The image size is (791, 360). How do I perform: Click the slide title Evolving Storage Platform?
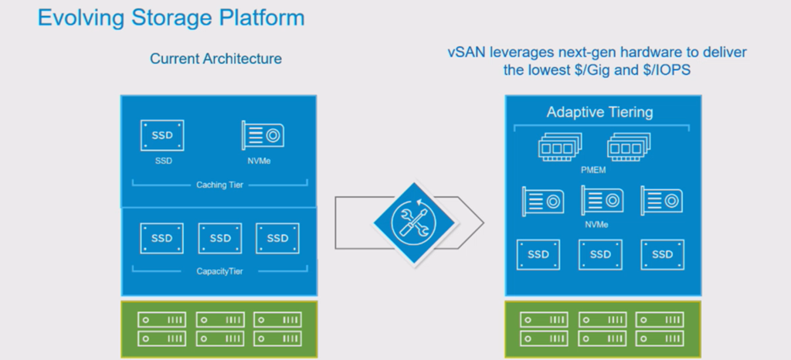pos(171,18)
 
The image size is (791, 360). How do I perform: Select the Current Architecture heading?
pos(216,59)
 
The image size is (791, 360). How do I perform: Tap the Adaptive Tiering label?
pos(599,112)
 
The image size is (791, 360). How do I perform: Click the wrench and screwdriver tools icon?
pos(414,222)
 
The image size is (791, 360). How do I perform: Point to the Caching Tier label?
pos(219,185)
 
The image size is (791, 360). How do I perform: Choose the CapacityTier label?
pos(219,271)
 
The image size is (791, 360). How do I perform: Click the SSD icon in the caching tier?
pos(162,135)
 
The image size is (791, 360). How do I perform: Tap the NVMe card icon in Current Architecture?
pos(263,135)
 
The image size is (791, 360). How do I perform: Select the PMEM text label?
pos(593,171)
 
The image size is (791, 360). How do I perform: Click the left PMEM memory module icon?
pos(560,147)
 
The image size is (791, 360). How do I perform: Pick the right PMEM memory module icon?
pos(629,147)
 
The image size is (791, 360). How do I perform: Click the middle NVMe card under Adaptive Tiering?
pos(603,201)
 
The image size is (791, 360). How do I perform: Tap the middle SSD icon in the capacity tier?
pos(220,238)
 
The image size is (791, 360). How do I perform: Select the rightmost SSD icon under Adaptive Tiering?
pos(662,255)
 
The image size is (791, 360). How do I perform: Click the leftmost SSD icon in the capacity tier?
pos(162,238)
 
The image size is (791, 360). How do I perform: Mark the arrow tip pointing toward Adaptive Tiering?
pos(484,222)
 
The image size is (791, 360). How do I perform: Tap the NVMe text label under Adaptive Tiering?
pos(596,224)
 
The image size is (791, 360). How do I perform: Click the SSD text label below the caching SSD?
pos(162,161)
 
